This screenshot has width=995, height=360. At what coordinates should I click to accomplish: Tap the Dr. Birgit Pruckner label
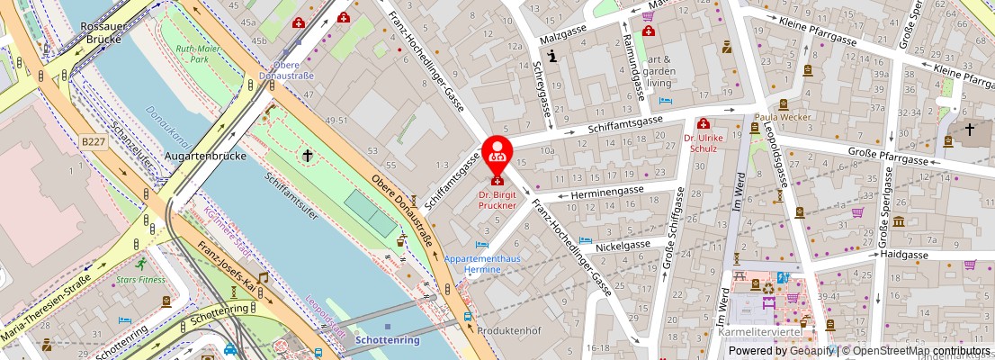coord(497,199)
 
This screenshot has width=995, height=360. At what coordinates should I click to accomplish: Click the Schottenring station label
coord(387,340)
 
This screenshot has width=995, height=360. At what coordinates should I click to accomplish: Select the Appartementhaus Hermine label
coord(492,262)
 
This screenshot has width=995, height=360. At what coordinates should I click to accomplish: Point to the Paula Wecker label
coord(783,117)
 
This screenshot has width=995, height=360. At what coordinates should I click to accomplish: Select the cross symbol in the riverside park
coord(307,157)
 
